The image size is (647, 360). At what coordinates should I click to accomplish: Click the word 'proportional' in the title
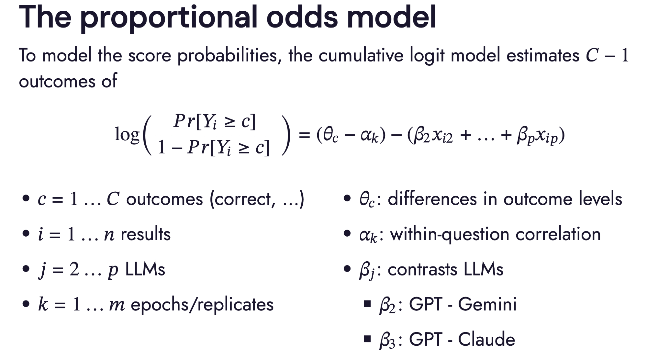coord(168,18)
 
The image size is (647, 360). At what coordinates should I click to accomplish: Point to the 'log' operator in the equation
coord(127,135)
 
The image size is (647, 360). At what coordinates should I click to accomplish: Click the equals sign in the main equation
coord(304,134)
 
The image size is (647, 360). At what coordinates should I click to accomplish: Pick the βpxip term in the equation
coord(537,135)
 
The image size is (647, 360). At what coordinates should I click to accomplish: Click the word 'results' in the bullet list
coord(146,234)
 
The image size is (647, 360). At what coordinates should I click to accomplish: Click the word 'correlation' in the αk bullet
coord(558,234)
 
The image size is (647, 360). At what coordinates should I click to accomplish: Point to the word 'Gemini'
coord(487,304)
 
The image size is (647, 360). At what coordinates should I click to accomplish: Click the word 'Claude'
coord(486,339)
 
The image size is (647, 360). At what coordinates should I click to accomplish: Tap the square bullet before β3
coord(367,339)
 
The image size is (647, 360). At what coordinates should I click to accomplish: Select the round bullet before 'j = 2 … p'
coord(26,269)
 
